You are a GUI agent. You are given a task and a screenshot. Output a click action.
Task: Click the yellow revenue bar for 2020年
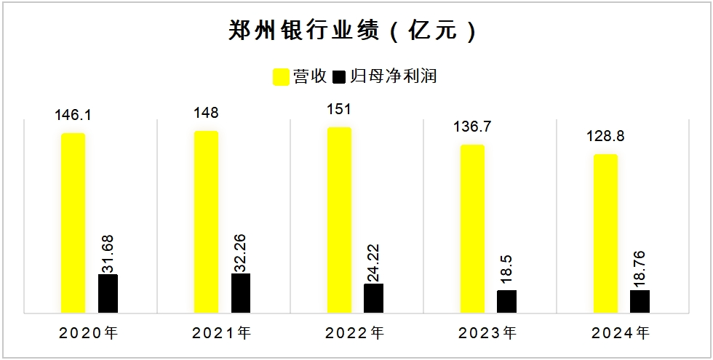point(73,223)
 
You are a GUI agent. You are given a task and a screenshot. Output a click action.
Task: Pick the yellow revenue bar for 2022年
point(339,220)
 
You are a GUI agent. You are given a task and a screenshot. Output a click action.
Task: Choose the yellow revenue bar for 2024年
point(605,233)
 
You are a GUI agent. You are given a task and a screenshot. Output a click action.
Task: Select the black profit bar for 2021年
point(241,293)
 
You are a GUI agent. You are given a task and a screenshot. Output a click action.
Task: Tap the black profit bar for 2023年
point(507,301)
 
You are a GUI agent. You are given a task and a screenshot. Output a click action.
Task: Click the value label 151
point(339,110)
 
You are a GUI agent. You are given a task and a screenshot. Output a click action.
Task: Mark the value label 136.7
point(472,127)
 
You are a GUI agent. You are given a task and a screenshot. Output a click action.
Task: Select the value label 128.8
point(605,137)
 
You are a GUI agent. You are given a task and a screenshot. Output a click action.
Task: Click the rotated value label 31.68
point(108,250)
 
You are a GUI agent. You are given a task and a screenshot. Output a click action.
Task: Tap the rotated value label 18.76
point(640,266)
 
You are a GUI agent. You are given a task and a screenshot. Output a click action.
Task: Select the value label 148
point(206,113)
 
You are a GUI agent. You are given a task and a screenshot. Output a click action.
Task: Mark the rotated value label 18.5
point(507,271)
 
